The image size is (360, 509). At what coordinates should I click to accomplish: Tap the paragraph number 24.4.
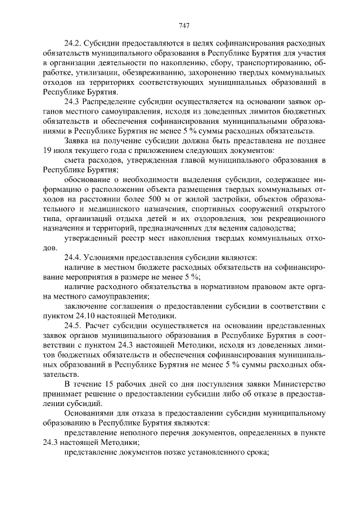point(74,257)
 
